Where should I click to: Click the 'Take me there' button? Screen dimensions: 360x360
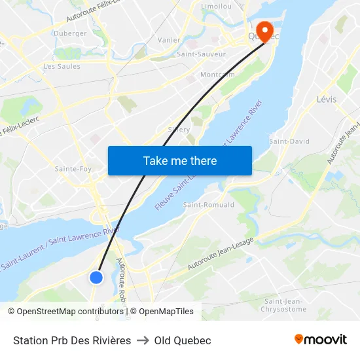(x=180, y=160)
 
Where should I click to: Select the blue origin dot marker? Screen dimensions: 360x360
(x=96, y=277)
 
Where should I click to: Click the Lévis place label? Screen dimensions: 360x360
(x=326, y=99)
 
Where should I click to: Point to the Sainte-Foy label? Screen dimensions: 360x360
(x=73, y=169)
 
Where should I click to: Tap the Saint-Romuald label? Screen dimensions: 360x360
(x=208, y=205)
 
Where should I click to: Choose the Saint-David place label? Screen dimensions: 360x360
(x=289, y=141)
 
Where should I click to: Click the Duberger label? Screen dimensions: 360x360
(x=70, y=33)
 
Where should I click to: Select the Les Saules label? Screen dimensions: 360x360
(x=62, y=66)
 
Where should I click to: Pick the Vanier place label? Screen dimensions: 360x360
(x=169, y=40)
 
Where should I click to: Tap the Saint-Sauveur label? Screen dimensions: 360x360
(x=202, y=54)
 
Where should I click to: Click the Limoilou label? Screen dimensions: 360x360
(x=217, y=6)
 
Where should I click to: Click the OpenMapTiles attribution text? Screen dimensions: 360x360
(x=166, y=312)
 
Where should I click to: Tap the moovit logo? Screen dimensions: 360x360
(x=320, y=340)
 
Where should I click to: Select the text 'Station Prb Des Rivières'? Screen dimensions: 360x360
(x=72, y=340)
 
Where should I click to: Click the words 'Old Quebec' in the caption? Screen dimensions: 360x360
(x=183, y=340)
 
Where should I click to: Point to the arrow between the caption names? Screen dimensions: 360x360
(x=143, y=340)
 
